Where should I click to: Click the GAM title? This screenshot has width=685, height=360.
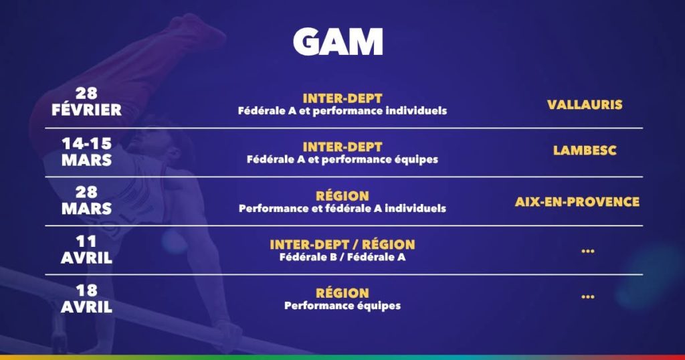coord(338,41)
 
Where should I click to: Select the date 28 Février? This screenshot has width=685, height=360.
coord(86,102)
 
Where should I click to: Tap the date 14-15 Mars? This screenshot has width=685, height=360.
coord(86,152)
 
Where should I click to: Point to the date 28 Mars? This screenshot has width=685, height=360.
coord(86,201)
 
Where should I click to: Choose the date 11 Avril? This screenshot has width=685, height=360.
coord(86,250)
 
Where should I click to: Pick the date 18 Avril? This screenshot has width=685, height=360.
coord(86,298)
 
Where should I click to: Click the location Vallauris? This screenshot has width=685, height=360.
coord(585,105)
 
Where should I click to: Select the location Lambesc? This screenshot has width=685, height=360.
coord(585,151)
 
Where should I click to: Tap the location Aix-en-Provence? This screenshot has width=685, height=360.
coord(577,202)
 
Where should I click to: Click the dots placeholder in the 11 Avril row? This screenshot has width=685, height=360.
coord(588,251)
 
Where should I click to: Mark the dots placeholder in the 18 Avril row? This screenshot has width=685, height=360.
coord(588,296)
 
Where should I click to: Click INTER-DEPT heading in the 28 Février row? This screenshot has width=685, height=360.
coord(342,98)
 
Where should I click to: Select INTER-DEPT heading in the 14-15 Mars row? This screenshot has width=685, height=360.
coord(342,147)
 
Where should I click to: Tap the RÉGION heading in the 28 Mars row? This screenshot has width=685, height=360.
coord(342,195)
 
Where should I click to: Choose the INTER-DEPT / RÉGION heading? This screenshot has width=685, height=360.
coord(342,244)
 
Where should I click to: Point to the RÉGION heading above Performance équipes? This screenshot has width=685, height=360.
coord(342,292)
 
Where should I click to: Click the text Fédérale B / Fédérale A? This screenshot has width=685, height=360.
coord(342,258)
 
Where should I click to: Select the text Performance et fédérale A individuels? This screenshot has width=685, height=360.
coord(342,208)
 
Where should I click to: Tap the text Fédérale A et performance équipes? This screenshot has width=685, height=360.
coord(342,159)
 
